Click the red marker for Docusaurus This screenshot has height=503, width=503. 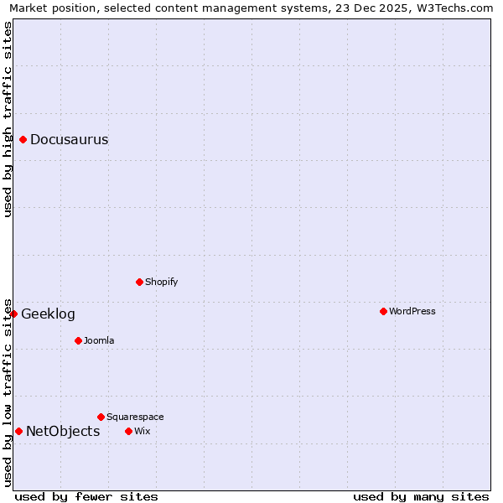coord(23,139)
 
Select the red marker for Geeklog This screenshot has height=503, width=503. coord(14,314)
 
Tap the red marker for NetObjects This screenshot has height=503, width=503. coord(18,431)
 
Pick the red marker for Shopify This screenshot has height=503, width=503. coord(140,282)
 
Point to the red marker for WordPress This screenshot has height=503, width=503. coord(384,311)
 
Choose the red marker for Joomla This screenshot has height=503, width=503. coord(78,340)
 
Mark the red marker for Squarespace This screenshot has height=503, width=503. coord(101,417)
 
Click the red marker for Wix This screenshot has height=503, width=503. coord(129,431)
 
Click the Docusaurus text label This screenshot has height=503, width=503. coord(69,140)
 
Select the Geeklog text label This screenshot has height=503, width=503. coord(48,314)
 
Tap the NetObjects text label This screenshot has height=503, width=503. coord(63,432)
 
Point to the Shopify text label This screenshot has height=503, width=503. coord(161,283)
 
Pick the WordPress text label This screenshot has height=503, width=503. coord(412,312)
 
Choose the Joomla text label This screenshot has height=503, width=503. coord(99,341)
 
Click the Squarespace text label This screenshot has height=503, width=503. coord(135,417)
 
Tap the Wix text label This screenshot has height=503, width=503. coord(142,432)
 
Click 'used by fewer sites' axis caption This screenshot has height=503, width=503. coord(86,496)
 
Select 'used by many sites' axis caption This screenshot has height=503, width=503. coord(421,496)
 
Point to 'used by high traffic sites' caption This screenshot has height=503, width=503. coord(8,119)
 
